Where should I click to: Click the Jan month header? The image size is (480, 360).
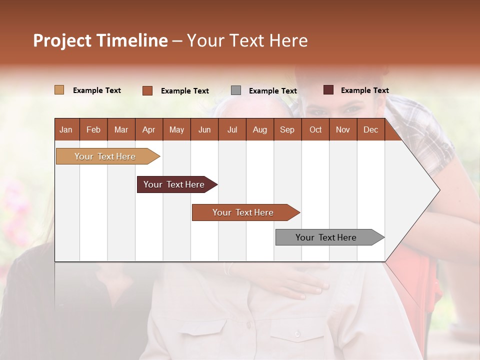click(66, 129)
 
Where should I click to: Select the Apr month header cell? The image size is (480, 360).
click(149, 129)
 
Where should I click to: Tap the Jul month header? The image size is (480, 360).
click(232, 129)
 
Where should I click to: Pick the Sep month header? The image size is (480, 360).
click(287, 129)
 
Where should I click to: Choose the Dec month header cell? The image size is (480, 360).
click(370, 129)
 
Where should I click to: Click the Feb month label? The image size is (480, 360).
click(93, 129)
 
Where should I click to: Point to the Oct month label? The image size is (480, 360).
click(315, 129)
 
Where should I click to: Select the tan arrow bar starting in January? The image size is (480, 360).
click(105, 156)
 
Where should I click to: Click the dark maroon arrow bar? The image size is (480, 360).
click(174, 184)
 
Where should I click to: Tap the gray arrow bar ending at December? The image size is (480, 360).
click(326, 237)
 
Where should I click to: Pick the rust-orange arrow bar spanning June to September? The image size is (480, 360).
click(243, 212)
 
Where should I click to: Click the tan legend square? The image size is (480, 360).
click(59, 90)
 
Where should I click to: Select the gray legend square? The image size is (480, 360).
click(236, 90)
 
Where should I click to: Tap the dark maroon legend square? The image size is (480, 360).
click(328, 90)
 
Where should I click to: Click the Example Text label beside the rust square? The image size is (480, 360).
click(184, 91)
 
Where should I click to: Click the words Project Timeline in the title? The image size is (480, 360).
click(100, 40)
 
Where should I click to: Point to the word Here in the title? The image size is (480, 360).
click(288, 40)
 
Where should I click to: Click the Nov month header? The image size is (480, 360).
click(343, 129)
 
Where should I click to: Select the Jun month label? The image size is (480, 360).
click(204, 129)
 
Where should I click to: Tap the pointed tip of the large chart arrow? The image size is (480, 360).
click(438, 190)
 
